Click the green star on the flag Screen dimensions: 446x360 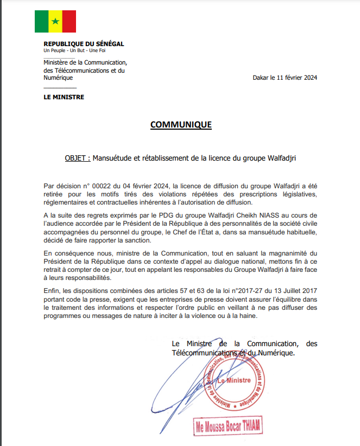click(x=55, y=22)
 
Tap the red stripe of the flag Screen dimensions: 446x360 click(x=69, y=22)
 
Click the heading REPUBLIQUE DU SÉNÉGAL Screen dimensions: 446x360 click(x=84, y=43)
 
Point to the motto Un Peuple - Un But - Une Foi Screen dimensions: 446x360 click(x=75, y=50)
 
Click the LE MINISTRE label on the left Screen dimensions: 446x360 click(x=64, y=97)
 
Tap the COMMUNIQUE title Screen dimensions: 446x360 click(x=181, y=125)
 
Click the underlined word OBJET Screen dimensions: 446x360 click(x=77, y=158)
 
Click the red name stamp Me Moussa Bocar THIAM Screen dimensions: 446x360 click(x=229, y=426)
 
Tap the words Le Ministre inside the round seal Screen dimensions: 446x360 click(x=234, y=381)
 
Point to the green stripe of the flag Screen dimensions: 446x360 click(x=42, y=22)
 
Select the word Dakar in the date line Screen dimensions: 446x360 click(x=261, y=78)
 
